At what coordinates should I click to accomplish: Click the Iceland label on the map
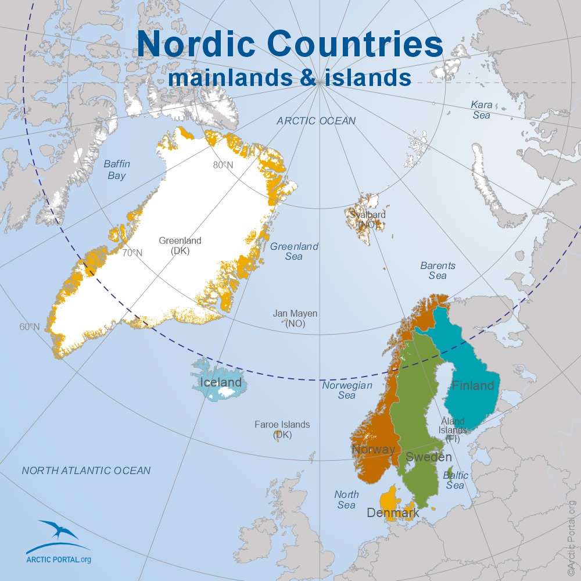point(220,382)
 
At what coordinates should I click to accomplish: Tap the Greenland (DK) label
point(180,246)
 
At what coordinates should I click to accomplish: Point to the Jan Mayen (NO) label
point(295,318)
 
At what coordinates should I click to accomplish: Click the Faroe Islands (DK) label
point(282,429)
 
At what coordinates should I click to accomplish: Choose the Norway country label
point(373,449)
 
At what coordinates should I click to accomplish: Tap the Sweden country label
point(428,457)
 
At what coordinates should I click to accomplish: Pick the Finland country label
point(473,385)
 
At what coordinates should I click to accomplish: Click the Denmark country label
point(393,513)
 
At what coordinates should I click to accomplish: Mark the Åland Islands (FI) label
point(453,429)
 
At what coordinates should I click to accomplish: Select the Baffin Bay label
point(117,170)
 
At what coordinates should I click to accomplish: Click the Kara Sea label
point(481,110)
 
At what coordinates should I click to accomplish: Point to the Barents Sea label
point(437,270)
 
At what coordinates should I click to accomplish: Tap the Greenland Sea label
point(294,251)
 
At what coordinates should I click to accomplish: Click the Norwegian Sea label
point(347,390)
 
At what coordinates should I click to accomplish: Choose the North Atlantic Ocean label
point(86,471)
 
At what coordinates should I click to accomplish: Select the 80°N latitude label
point(223,165)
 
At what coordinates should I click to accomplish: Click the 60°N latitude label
point(30,327)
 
